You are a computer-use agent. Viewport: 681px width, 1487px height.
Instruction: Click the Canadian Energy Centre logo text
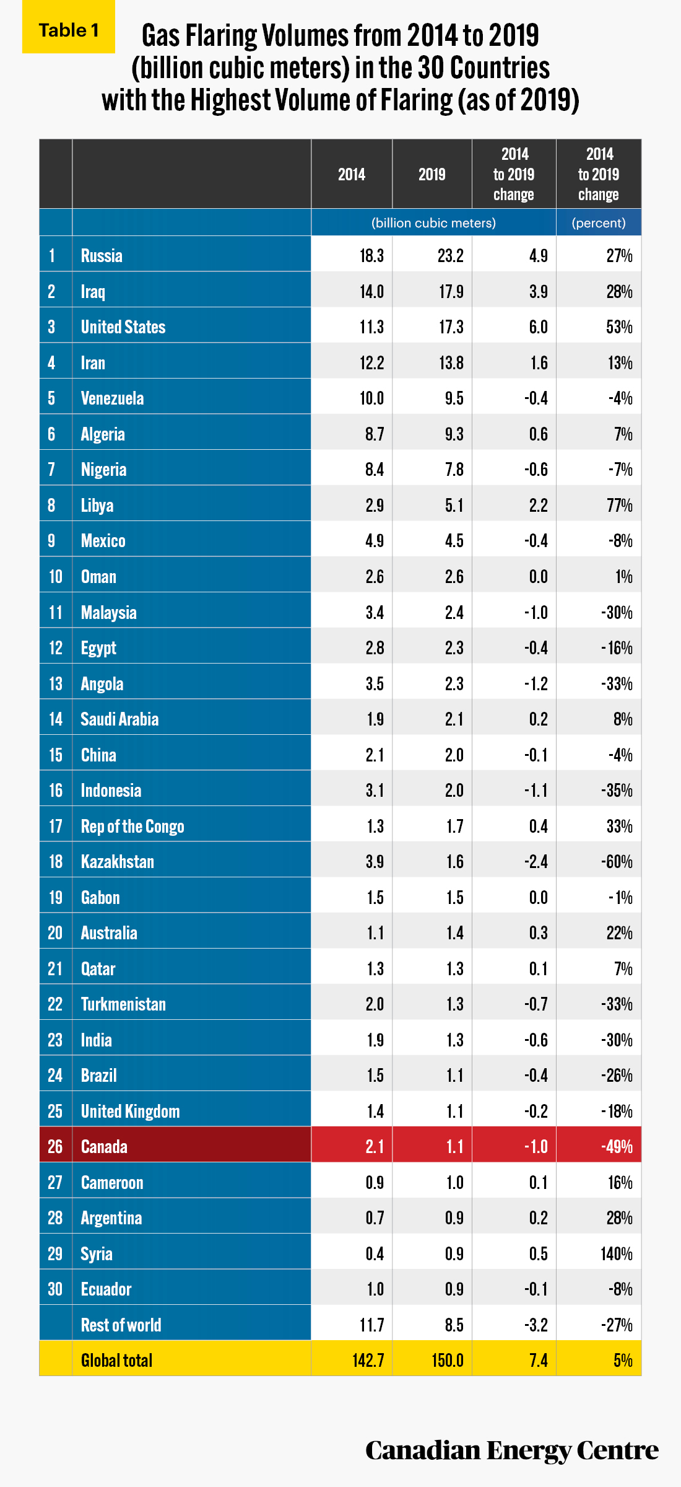click(512, 1450)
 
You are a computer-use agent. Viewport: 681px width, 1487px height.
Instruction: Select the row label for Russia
click(102, 255)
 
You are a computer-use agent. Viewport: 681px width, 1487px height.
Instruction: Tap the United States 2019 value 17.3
click(451, 327)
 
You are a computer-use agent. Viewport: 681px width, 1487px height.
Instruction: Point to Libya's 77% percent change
click(619, 505)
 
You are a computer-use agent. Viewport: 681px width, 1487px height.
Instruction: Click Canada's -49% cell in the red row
click(617, 1146)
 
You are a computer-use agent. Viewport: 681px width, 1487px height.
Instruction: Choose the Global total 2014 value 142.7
click(368, 1360)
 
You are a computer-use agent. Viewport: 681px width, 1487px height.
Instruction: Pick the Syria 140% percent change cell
click(617, 1253)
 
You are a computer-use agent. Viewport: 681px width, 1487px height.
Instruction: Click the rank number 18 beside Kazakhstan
click(56, 861)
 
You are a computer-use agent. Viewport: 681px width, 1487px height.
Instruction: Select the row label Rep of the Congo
click(132, 826)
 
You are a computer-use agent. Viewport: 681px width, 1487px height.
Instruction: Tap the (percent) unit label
click(599, 222)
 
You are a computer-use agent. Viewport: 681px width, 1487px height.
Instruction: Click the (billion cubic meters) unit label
click(433, 222)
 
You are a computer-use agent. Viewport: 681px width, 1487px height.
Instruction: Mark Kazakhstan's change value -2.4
click(536, 861)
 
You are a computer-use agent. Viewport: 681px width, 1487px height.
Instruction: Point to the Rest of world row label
click(121, 1325)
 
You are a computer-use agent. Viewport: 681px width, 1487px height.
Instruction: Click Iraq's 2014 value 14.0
click(371, 291)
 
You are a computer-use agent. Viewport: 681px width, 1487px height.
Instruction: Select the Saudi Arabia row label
click(119, 719)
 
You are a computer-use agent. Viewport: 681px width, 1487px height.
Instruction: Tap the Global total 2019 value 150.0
click(448, 1360)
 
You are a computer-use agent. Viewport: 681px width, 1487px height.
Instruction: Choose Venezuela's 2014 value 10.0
click(371, 398)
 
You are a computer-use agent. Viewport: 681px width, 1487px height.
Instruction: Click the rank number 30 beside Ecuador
click(56, 1289)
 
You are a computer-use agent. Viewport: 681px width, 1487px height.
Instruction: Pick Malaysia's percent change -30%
click(617, 612)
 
